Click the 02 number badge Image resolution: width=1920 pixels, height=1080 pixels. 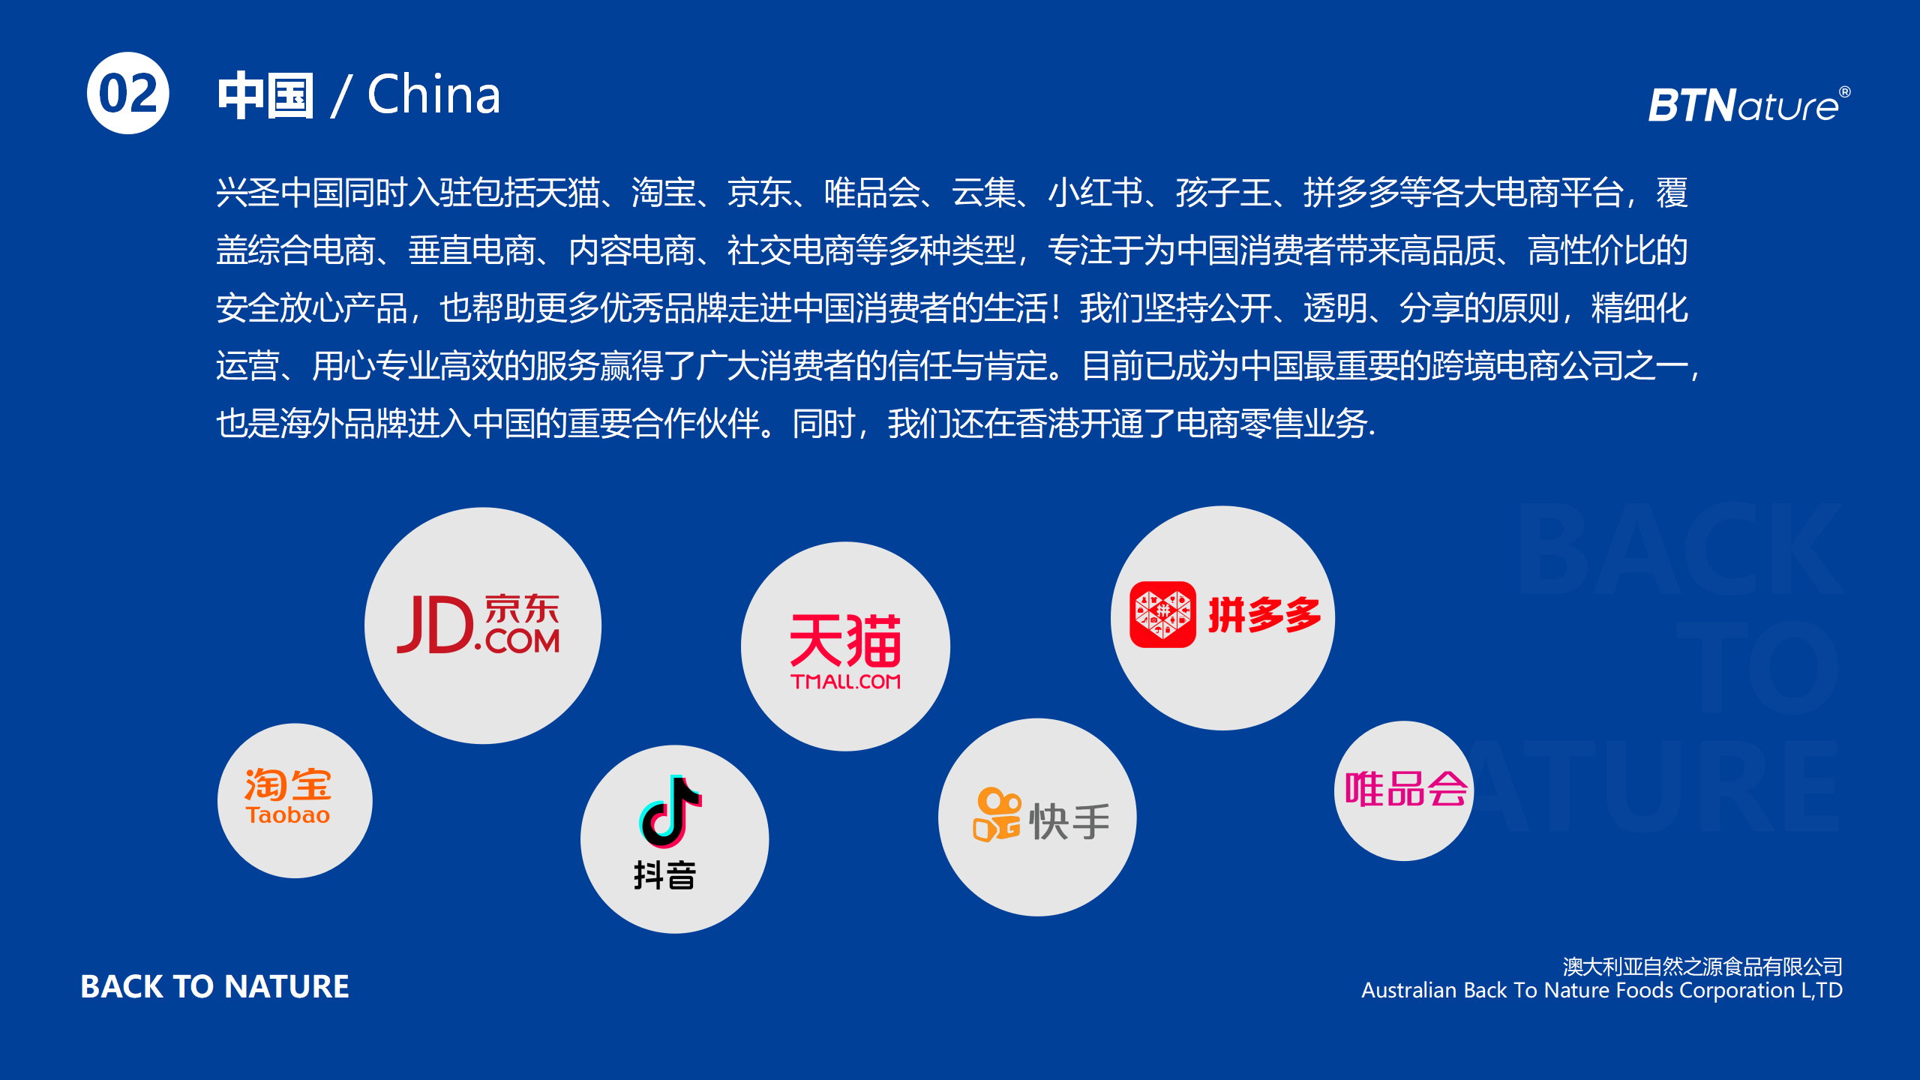[128, 93]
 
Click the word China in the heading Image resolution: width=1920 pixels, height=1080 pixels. [433, 95]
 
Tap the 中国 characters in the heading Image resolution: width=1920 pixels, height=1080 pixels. [265, 96]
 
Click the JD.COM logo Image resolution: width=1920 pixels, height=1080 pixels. [478, 624]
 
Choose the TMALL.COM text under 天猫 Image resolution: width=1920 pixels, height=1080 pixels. [845, 681]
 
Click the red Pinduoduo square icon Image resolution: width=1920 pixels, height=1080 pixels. [1162, 614]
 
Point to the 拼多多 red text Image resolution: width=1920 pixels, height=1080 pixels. [1264, 615]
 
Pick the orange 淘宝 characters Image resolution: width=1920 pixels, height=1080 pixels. [288, 784]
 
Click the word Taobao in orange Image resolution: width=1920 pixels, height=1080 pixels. [288, 815]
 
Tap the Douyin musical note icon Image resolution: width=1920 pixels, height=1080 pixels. [670, 811]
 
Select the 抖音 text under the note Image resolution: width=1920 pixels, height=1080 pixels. [665, 875]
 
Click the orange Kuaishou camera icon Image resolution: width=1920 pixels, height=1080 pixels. [997, 814]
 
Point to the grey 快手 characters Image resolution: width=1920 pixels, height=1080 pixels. [1070, 822]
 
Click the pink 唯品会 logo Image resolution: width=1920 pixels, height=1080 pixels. [1405, 789]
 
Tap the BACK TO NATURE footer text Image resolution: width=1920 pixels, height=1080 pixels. [214, 986]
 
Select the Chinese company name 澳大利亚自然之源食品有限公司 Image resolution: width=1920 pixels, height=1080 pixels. [1702, 966]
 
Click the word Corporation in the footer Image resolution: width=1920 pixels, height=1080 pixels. [1737, 991]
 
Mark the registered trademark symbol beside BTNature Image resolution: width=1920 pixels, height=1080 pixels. [1845, 91]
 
